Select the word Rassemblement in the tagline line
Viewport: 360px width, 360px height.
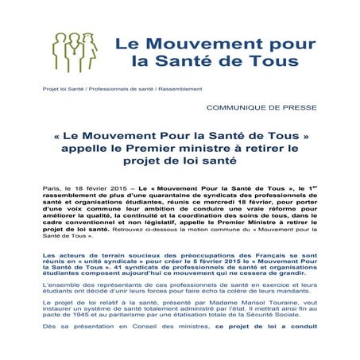pos(181,88)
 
